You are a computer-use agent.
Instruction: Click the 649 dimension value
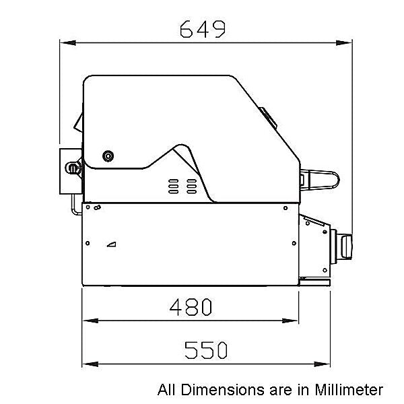click(203, 29)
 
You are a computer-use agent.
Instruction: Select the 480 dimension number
click(191, 307)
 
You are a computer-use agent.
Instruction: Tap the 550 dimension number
click(206, 350)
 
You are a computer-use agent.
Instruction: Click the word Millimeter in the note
click(349, 389)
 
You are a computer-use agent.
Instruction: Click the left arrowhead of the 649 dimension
click(68, 43)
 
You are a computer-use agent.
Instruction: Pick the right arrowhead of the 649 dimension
click(344, 43)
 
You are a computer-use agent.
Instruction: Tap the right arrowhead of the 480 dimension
click(290, 321)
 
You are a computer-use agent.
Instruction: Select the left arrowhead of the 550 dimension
click(90, 364)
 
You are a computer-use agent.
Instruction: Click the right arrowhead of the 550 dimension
click(322, 364)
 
